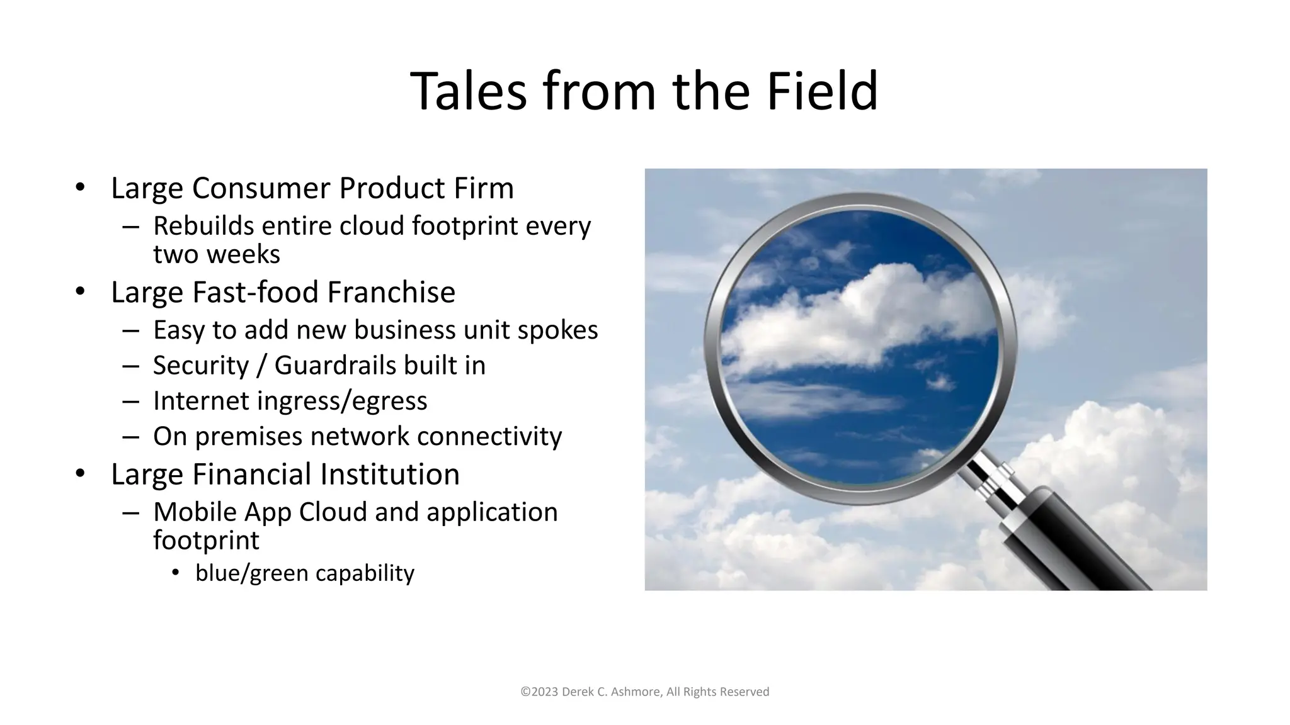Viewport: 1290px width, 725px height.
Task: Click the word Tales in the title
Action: (468, 92)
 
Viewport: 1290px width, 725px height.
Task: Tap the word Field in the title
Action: (822, 92)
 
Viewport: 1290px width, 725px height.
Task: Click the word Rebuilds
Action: (203, 226)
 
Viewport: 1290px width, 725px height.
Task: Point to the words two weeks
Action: (216, 254)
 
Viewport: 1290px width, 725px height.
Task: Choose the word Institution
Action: (389, 475)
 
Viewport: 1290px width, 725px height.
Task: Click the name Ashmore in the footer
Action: (636, 692)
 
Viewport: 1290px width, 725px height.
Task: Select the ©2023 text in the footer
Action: (539, 692)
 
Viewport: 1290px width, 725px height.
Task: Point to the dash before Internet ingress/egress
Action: (131, 402)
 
